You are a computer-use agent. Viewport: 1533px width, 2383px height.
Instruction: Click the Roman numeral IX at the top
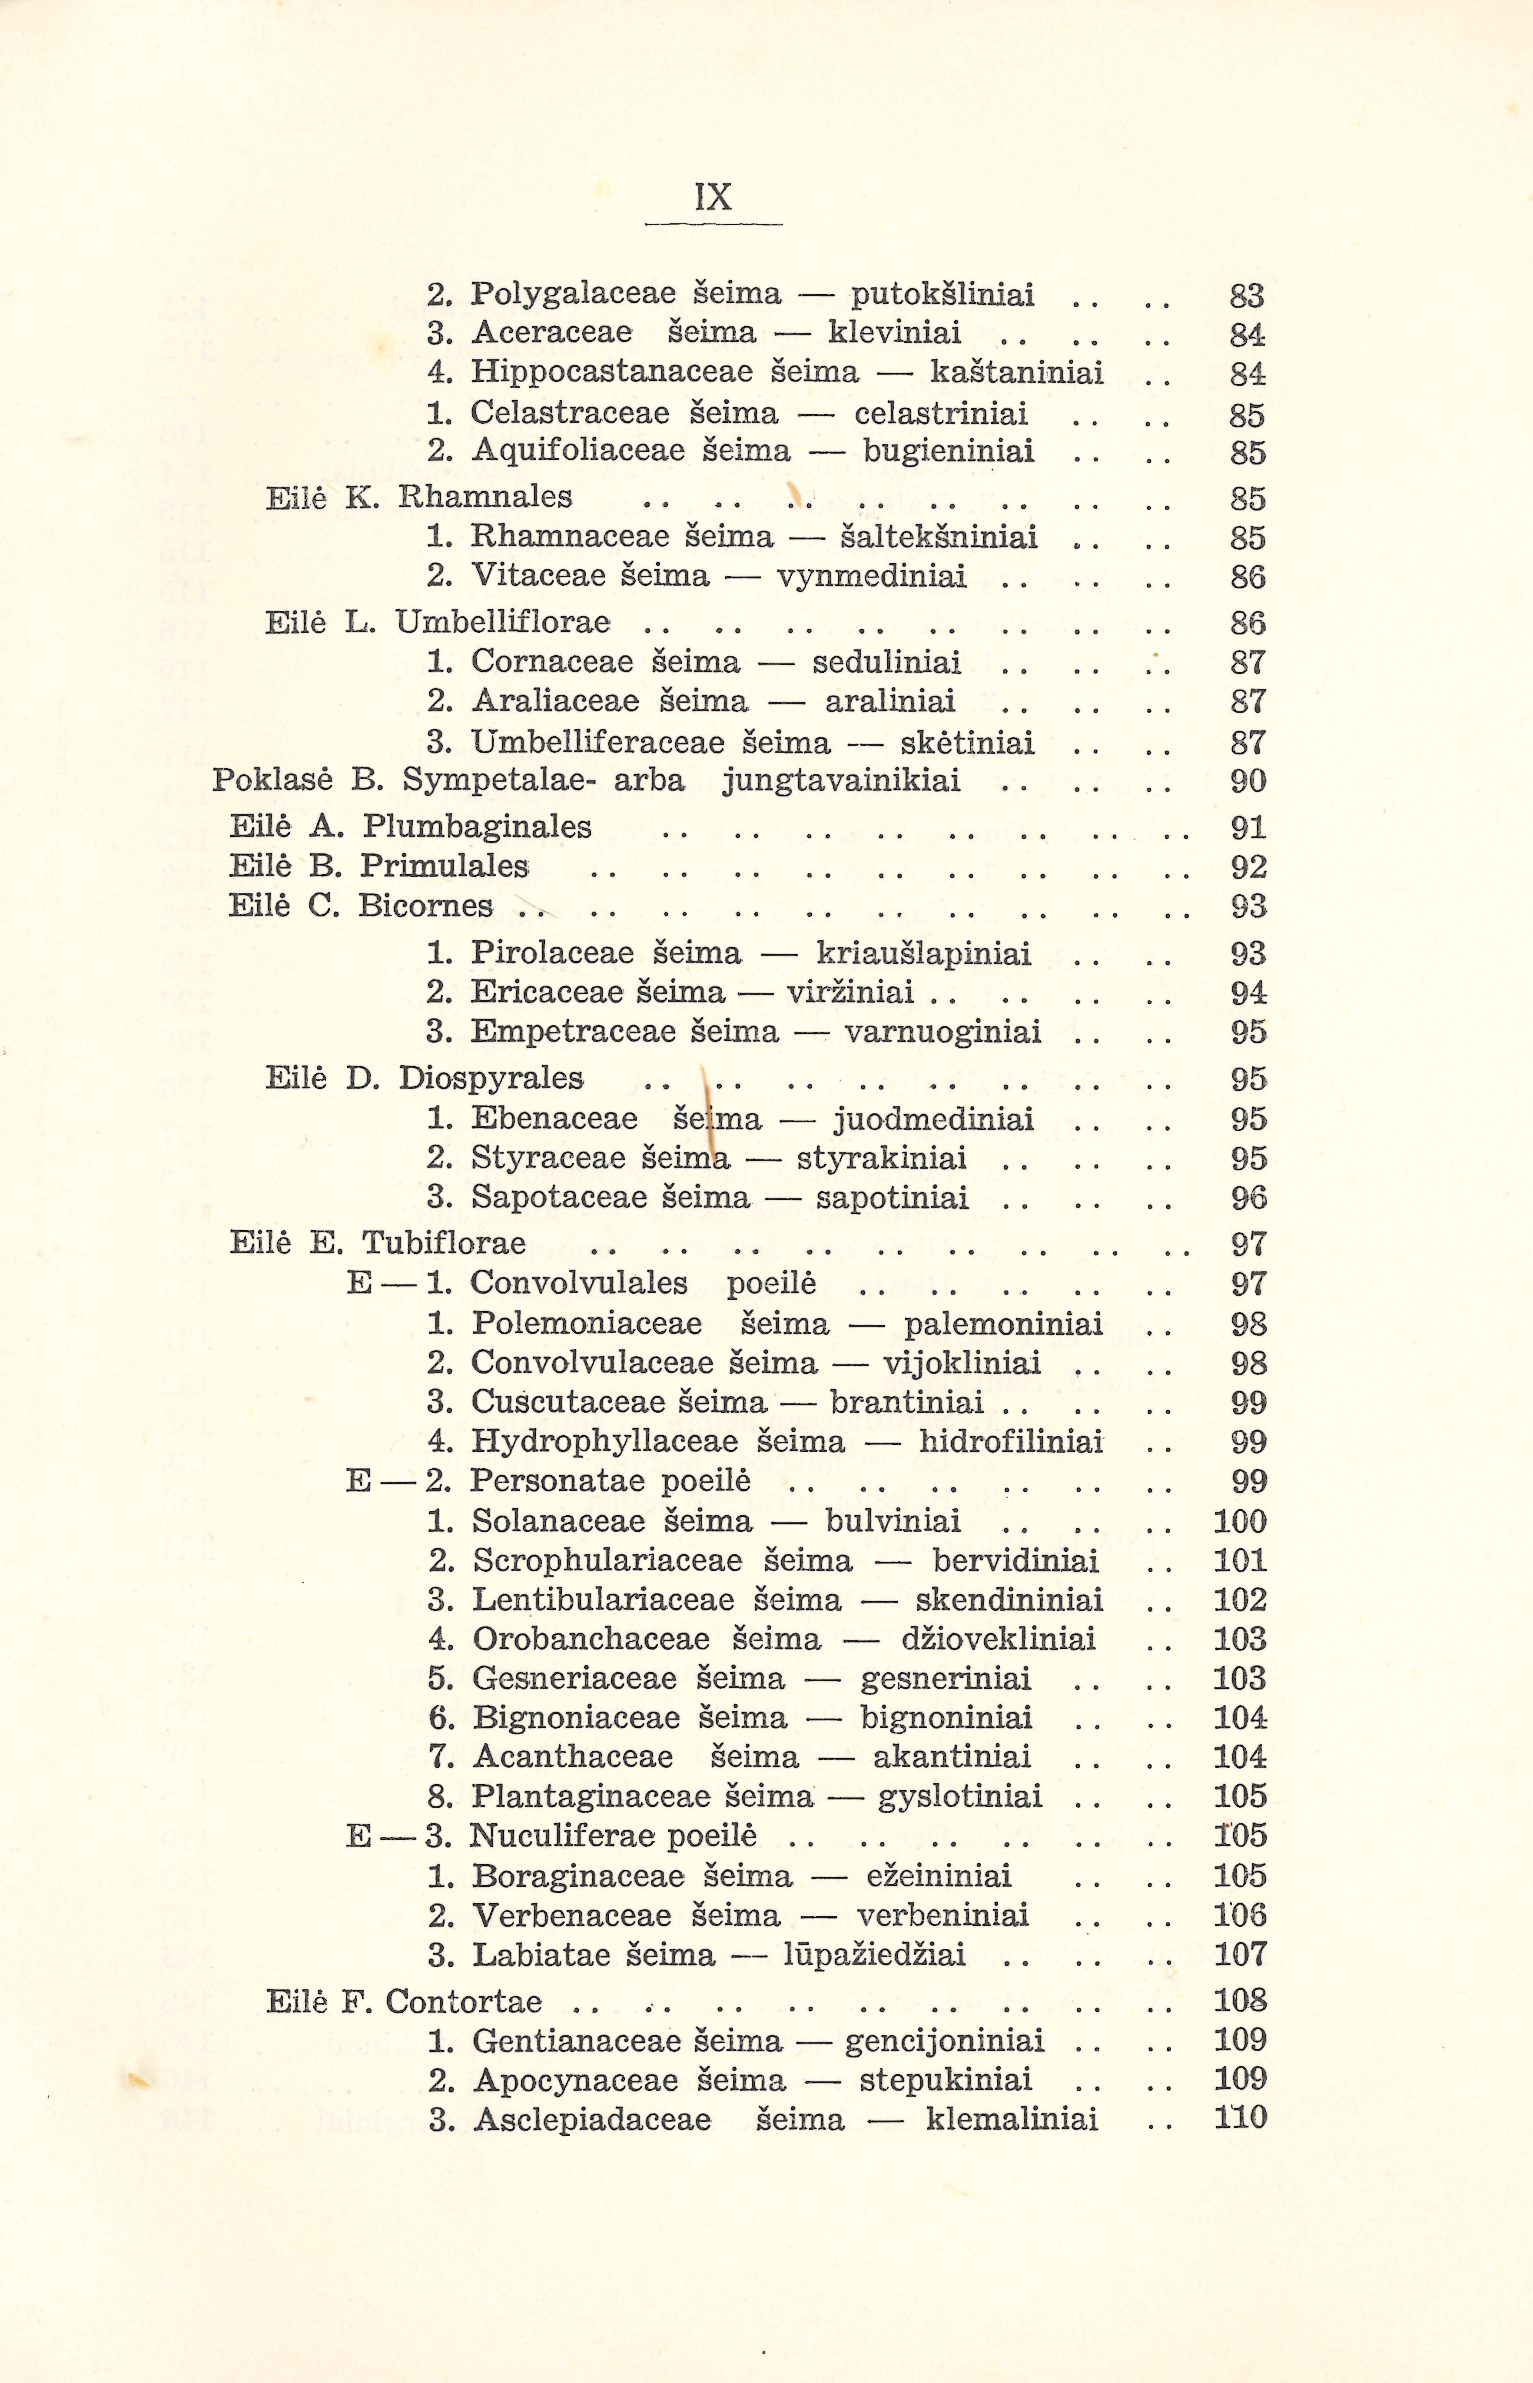tap(714, 197)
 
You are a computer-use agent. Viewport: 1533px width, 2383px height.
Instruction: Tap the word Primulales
tap(444, 866)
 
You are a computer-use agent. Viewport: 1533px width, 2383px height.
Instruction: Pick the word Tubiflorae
tap(444, 1243)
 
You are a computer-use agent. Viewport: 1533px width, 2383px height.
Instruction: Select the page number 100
tap(1239, 1521)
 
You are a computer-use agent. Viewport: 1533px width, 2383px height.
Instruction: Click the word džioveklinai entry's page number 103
tap(1239, 1639)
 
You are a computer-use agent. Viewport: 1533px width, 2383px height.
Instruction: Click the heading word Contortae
tap(464, 2001)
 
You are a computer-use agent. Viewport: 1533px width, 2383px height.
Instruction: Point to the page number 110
tap(1239, 2118)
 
